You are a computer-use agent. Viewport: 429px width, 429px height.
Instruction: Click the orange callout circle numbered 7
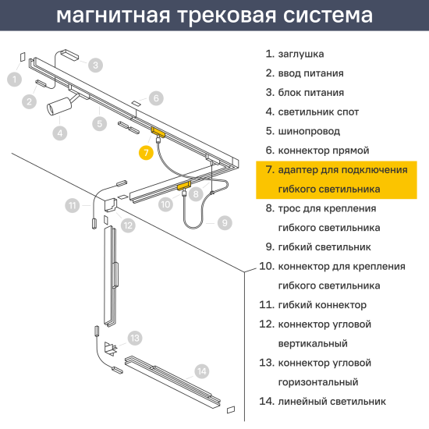tap(146, 152)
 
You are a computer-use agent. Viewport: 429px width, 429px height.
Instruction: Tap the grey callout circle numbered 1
tap(15, 79)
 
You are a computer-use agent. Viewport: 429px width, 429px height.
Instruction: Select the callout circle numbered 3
tap(95, 66)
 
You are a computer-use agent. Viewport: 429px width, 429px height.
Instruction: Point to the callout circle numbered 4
tap(60, 133)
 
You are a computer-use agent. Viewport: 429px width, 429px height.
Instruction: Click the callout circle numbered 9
tap(225, 222)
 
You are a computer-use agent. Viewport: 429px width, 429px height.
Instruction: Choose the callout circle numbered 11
tap(73, 206)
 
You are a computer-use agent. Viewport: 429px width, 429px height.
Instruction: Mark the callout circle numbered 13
tap(135, 338)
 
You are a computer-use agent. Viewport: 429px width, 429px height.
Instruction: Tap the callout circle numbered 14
tap(202, 370)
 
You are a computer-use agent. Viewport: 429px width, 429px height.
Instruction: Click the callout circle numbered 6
tap(156, 98)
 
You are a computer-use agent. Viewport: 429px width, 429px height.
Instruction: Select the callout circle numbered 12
tap(128, 225)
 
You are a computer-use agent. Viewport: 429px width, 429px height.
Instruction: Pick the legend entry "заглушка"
tap(295, 55)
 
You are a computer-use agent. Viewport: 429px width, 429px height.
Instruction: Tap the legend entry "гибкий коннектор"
tap(316, 305)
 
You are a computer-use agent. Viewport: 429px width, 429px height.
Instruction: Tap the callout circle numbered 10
tap(165, 204)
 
